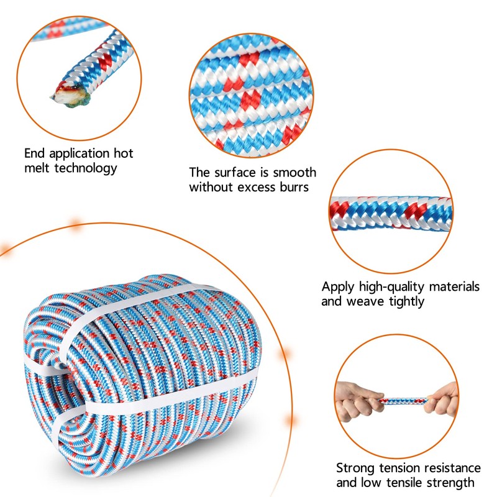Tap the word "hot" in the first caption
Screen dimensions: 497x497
122,153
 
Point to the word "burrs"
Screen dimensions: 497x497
293,187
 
